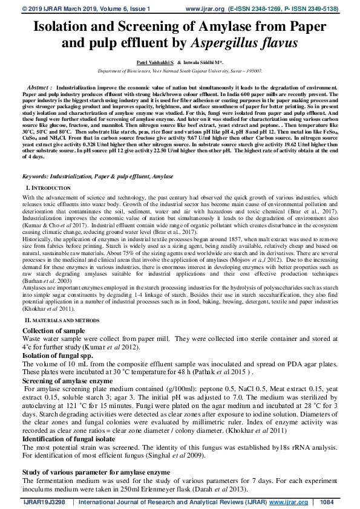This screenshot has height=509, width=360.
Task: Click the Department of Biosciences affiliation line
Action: point(180,71)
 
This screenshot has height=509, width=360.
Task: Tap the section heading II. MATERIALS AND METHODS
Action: point(62,319)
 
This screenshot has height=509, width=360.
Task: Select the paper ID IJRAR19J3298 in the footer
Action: point(44,502)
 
